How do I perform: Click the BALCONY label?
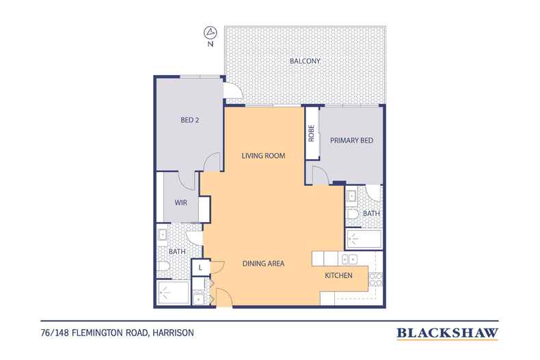click(x=305, y=61)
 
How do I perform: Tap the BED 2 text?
click(x=190, y=120)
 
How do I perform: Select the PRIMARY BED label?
click(x=351, y=141)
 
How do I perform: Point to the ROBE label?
click(x=311, y=133)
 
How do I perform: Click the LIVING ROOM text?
click(x=263, y=156)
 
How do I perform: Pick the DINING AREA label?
click(x=263, y=264)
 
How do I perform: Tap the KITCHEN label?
click(x=338, y=276)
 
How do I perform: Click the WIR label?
click(x=181, y=203)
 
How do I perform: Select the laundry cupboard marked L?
click(x=200, y=267)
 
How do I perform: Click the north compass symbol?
click(x=211, y=33)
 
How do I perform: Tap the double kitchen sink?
click(x=349, y=259)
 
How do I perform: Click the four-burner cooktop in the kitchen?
click(x=375, y=279)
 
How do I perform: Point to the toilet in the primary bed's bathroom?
click(x=352, y=214)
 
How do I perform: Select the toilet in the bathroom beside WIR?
click(x=163, y=266)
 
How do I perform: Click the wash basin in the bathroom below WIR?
click(x=162, y=235)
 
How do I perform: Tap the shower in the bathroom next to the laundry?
click(x=173, y=292)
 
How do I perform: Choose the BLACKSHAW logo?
click(x=447, y=333)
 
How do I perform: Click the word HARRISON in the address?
click(x=173, y=333)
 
